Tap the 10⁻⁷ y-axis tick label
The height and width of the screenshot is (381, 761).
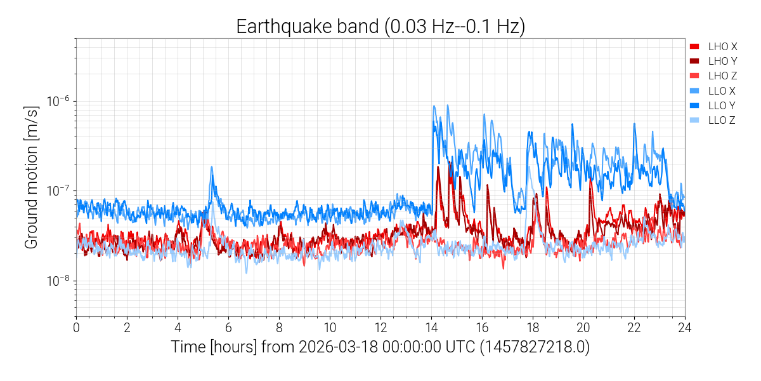pyautogui.click(x=59, y=191)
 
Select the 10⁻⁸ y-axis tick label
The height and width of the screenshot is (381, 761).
pyautogui.click(x=59, y=281)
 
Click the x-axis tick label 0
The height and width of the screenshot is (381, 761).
pyautogui.click(x=76, y=328)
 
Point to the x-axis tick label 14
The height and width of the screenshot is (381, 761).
pyautogui.click(x=431, y=328)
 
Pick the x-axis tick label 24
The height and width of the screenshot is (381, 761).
pyautogui.click(x=685, y=328)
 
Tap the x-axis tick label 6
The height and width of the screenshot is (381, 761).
pyautogui.click(x=228, y=328)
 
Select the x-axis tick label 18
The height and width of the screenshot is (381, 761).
pyautogui.click(x=533, y=328)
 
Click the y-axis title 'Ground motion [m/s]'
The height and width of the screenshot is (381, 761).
pyautogui.click(x=32, y=178)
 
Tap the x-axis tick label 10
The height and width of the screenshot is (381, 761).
pyautogui.click(x=330, y=328)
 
